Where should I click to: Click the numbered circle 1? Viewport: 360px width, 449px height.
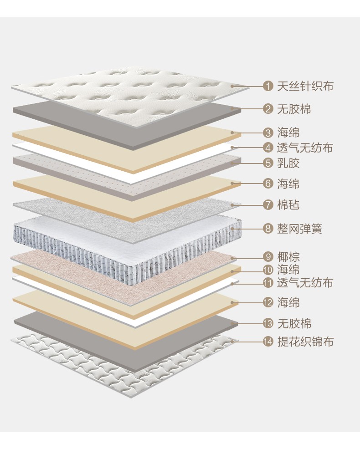click(x=268, y=86)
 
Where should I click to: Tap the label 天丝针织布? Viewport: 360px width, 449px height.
click(x=305, y=86)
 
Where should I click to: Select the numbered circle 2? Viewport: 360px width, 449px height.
click(x=268, y=109)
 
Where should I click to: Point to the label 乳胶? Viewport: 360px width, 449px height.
click(x=288, y=163)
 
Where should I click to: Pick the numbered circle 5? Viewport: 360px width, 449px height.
click(x=268, y=163)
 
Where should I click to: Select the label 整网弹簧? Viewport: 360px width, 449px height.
click(x=300, y=228)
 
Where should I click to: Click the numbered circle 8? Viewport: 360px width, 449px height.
click(x=268, y=228)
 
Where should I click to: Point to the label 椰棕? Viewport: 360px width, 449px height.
click(x=288, y=257)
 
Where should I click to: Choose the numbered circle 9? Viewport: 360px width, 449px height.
click(x=268, y=257)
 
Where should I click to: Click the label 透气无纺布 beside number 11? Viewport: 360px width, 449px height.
click(x=305, y=283)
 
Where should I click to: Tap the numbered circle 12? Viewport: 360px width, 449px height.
click(x=268, y=302)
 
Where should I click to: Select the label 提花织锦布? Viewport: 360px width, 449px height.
click(x=305, y=341)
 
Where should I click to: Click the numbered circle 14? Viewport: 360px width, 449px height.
click(x=268, y=341)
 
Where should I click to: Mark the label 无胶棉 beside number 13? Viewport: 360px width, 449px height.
click(x=294, y=324)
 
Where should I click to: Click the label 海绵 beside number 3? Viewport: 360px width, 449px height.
click(x=288, y=133)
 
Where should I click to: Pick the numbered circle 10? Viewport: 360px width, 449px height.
click(x=268, y=270)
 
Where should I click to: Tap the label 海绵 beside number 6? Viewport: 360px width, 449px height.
click(x=288, y=184)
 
